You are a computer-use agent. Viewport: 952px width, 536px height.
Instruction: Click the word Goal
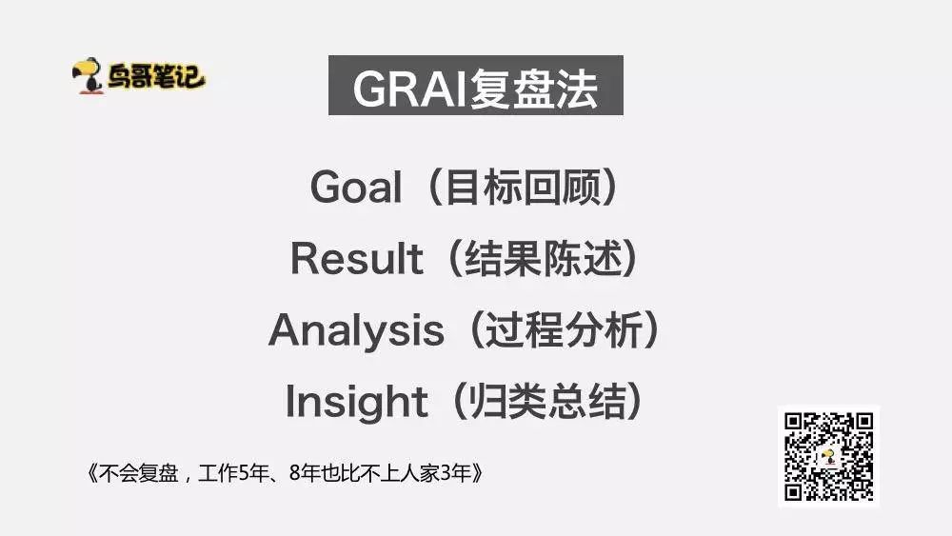coord(356,187)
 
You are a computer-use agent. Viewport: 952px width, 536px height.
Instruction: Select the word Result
coord(356,258)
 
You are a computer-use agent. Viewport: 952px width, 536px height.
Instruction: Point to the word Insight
coord(356,403)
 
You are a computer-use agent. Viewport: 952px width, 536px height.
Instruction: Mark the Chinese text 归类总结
coord(546,401)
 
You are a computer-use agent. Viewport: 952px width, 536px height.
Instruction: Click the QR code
coord(829,456)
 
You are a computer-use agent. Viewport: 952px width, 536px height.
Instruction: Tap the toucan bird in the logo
coord(89,76)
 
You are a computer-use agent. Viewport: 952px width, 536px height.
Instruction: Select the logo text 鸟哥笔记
coord(156,76)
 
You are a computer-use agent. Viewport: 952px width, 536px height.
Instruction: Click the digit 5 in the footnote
coord(244,473)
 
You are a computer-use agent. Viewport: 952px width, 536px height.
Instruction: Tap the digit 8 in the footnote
coord(295,473)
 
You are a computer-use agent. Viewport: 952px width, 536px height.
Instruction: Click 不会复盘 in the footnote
coord(138,473)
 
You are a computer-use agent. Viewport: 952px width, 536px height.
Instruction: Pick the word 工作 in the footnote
coord(218,473)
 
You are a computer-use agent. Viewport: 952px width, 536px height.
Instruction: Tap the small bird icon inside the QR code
coord(828,456)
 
